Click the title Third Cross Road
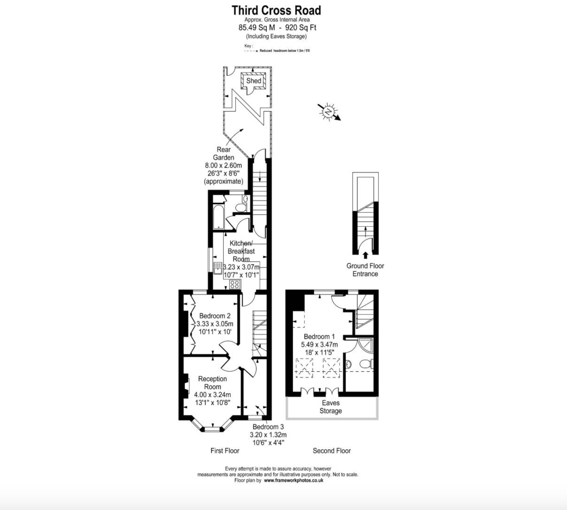point(276,10)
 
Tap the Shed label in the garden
point(254,81)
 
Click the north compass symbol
point(329,111)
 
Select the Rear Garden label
point(224,154)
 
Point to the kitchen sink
point(218,268)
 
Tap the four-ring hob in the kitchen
point(235,284)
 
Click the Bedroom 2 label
point(215,316)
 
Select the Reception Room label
point(212,383)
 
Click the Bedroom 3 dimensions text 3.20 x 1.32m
point(268,435)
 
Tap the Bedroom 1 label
point(319,337)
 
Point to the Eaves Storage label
point(331,407)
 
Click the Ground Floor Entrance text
point(365,270)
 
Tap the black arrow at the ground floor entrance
point(365,255)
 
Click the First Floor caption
point(225,451)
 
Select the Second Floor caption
point(332,451)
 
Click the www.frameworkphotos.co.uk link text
point(293,480)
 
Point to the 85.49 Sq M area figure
point(256,28)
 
